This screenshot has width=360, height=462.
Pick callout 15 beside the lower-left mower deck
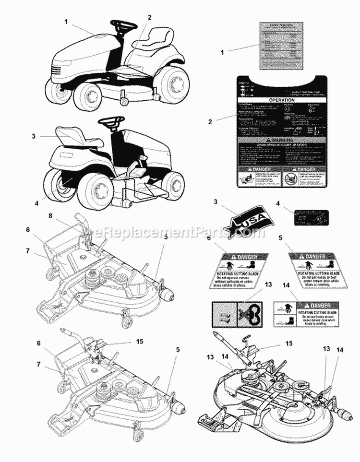click(x=140, y=342)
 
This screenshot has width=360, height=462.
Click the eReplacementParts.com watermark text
click(x=180, y=233)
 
